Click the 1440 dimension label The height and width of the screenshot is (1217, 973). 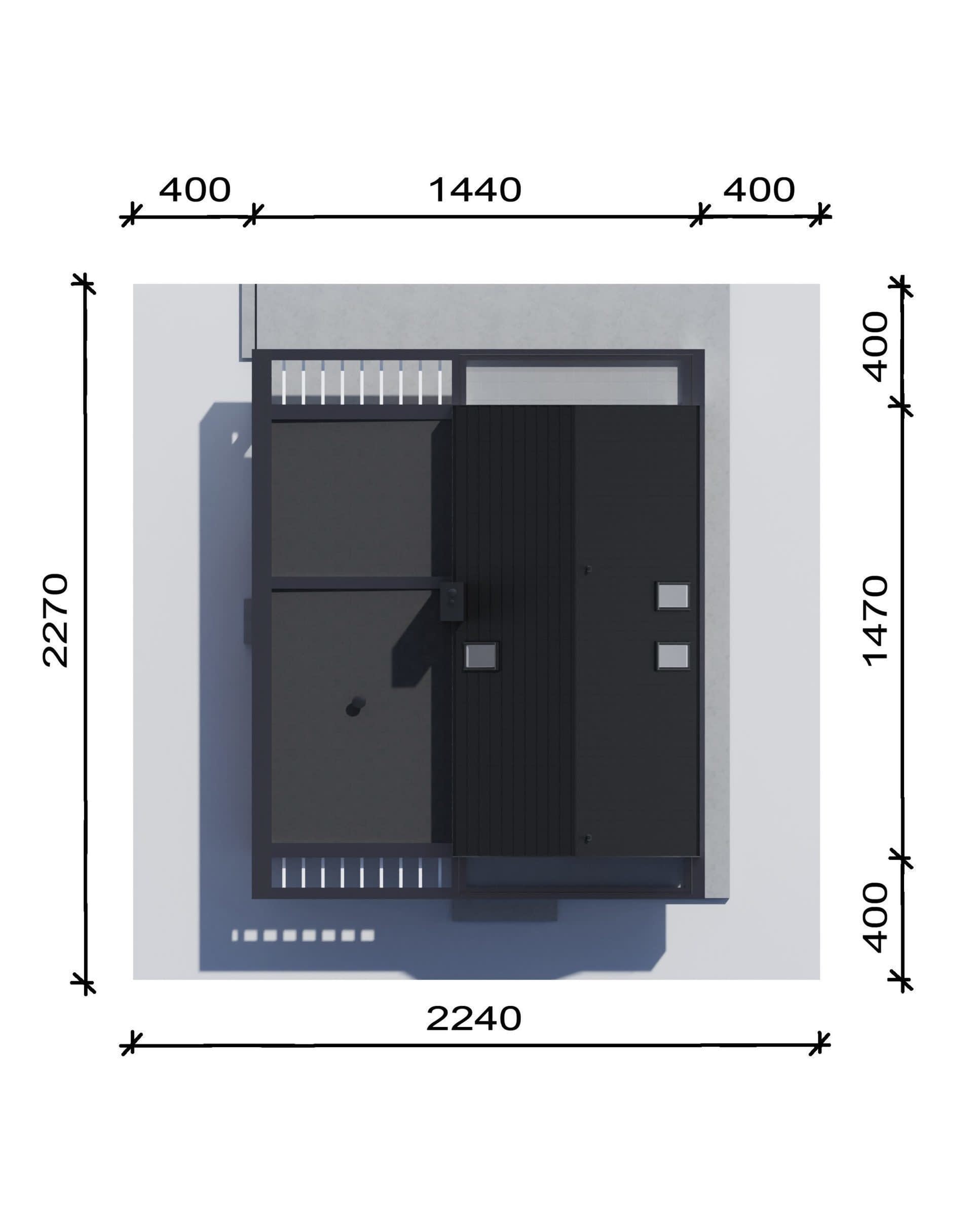475,190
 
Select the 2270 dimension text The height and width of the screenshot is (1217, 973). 56,620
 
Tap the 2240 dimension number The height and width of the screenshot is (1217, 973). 474,1019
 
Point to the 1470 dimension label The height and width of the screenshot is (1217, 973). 876,621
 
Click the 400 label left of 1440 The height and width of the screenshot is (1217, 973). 195,190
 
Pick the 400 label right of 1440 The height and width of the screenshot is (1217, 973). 759,190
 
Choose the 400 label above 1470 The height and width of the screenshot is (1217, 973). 876,346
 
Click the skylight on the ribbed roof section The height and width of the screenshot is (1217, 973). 480,656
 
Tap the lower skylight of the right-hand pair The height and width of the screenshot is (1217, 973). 672,657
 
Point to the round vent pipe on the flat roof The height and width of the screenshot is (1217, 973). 354,707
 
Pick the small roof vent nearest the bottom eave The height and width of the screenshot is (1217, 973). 587,839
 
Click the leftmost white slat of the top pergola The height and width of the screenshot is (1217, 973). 283,382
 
